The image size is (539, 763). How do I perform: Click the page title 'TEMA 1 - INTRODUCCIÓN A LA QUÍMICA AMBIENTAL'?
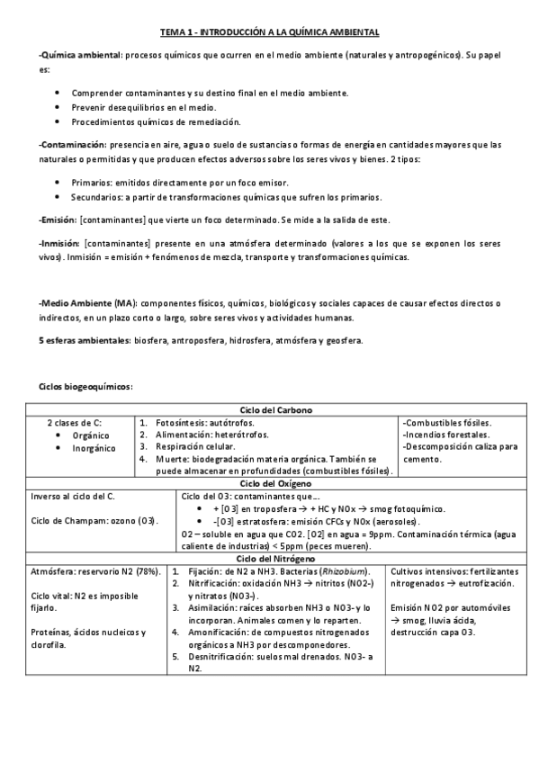pyautogui.click(x=269, y=32)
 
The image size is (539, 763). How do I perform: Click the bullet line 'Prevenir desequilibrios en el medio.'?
pyautogui.click(x=136, y=106)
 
